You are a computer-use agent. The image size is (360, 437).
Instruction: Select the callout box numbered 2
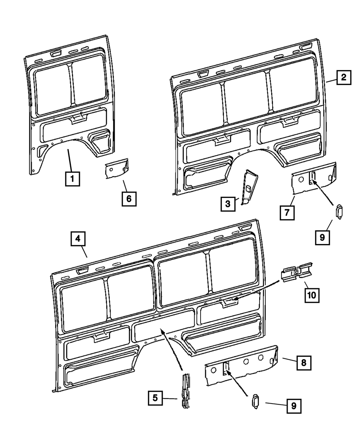[344, 77]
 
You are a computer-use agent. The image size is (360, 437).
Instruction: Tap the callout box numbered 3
[228, 204]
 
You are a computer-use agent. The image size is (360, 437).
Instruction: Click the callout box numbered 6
[129, 198]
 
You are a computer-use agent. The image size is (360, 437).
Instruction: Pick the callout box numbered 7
[287, 212]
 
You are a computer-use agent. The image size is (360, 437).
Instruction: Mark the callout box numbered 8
[304, 363]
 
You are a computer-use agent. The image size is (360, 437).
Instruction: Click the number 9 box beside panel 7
[322, 237]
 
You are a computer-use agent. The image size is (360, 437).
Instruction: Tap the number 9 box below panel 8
[294, 406]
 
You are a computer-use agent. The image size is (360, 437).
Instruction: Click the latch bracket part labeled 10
[297, 272]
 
